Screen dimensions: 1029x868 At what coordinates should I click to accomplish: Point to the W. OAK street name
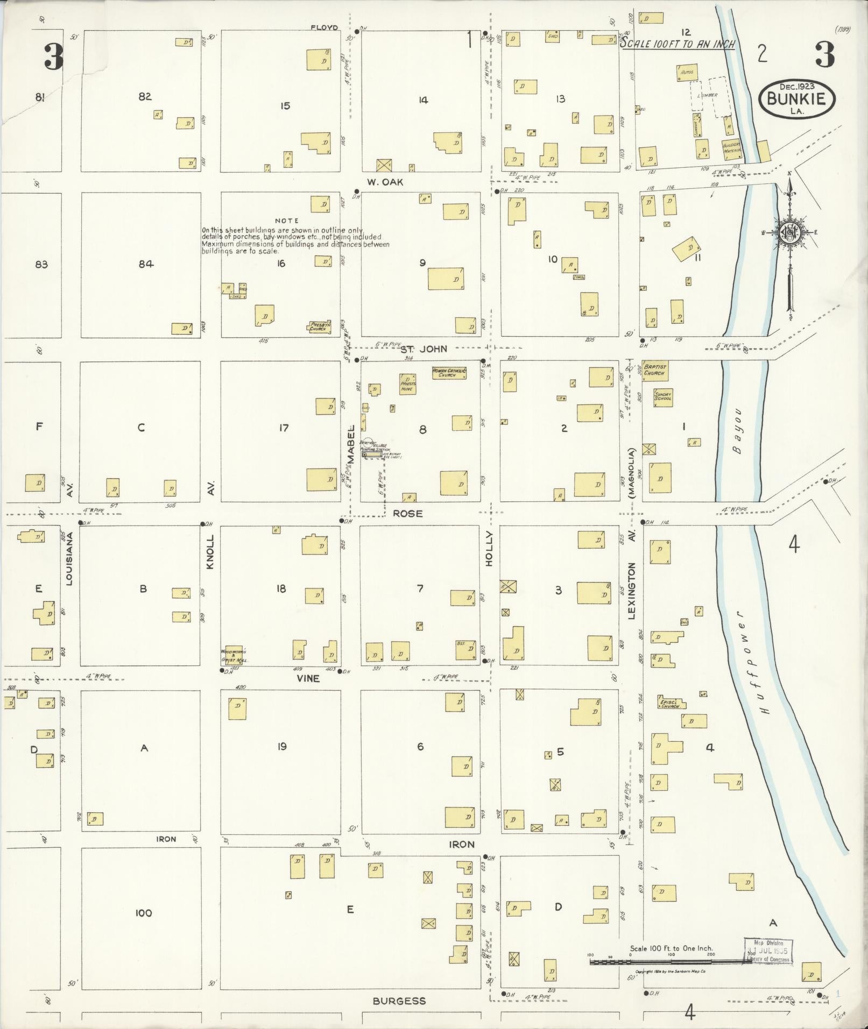(x=385, y=182)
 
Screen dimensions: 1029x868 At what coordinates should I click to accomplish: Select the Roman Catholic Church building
(x=449, y=373)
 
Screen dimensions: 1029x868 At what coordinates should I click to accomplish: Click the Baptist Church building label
(x=655, y=370)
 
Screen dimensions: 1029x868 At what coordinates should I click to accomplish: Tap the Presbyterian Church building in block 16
(x=319, y=327)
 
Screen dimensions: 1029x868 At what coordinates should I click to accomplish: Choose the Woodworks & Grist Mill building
(x=234, y=654)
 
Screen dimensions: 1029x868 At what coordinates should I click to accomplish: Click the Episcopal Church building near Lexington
(x=669, y=703)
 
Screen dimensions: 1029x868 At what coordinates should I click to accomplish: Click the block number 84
(x=145, y=264)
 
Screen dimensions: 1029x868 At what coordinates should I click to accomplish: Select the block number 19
(x=281, y=746)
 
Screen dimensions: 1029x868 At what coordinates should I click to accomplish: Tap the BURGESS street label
(x=399, y=1000)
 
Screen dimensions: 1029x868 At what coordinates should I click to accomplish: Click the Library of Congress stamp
(x=768, y=951)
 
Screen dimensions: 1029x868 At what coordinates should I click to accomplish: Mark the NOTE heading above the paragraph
(x=286, y=221)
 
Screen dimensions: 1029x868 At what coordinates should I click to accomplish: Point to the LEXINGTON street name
(x=632, y=597)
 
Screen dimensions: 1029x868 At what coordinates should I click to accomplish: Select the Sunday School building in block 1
(x=663, y=398)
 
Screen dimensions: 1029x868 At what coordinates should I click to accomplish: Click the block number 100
(x=143, y=913)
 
